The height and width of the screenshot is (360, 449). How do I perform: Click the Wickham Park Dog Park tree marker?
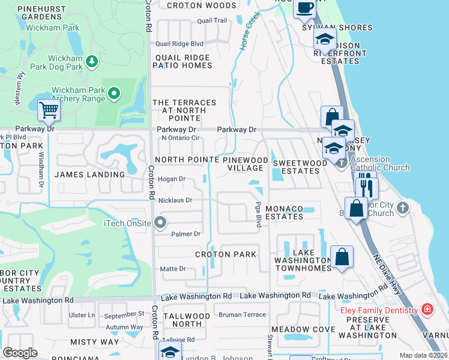click(x=92, y=61)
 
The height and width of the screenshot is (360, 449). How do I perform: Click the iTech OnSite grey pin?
click(x=160, y=223)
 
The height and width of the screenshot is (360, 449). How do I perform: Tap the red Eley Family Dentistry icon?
click(x=427, y=310)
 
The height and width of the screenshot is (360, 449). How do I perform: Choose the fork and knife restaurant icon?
click(x=366, y=187)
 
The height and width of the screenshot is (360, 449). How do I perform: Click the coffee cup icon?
click(x=305, y=7)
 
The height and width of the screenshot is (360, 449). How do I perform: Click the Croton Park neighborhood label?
click(x=226, y=254)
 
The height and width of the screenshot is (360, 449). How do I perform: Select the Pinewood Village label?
click(x=246, y=164)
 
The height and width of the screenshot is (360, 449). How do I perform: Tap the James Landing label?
click(x=89, y=175)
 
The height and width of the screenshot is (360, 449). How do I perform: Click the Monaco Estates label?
click(x=285, y=212)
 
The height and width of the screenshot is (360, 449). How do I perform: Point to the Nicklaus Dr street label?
click(x=175, y=200)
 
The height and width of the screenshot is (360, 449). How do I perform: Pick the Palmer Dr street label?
click(x=185, y=233)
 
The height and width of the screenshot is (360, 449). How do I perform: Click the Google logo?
click(x=20, y=353)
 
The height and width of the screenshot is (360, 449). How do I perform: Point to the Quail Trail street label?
click(x=212, y=20)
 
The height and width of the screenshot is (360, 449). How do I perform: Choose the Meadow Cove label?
click(x=303, y=329)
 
